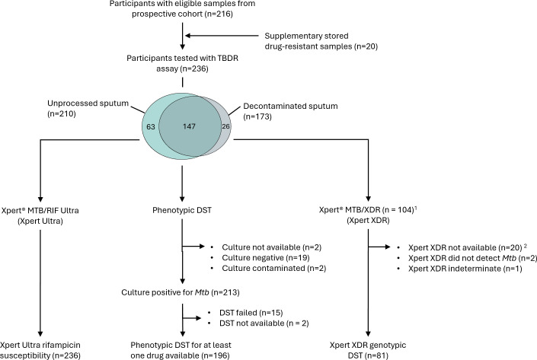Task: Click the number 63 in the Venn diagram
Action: point(151,126)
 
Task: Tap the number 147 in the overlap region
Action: point(189,126)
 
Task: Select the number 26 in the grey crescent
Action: point(225,126)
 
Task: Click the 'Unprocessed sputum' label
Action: point(88,104)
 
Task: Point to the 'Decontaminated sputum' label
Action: point(290,106)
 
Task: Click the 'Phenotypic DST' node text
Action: point(182,210)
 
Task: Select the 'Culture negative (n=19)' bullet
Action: point(266,258)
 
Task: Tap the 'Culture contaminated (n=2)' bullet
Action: point(274,269)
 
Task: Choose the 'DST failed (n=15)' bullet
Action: point(251,313)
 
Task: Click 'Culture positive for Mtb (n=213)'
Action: point(181,292)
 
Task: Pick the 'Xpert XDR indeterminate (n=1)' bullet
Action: point(465,269)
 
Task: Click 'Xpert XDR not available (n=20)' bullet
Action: point(465,248)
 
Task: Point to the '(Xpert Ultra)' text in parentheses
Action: point(40,221)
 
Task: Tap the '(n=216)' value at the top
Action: point(219,14)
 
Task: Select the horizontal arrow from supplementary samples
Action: point(222,36)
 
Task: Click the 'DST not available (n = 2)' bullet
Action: point(264,323)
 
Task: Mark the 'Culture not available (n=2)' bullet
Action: point(272,247)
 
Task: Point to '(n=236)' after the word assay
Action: point(193,68)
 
